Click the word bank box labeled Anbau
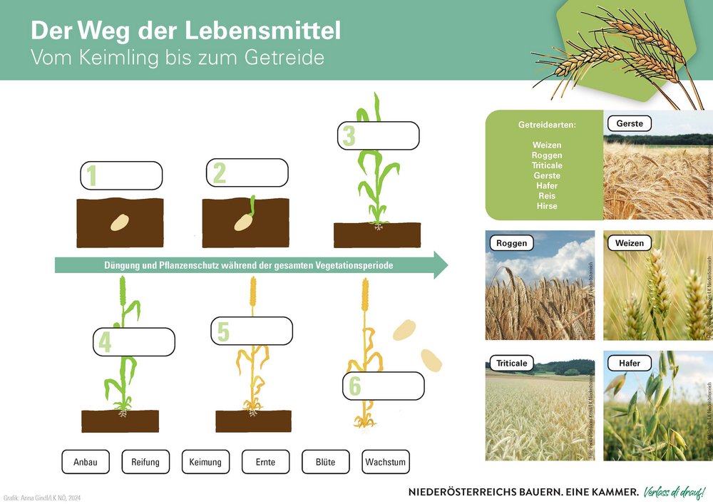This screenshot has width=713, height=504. [85, 462]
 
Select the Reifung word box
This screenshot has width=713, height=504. [145, 462]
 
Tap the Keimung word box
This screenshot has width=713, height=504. [205, 462]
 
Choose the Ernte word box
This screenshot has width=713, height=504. [265, 462]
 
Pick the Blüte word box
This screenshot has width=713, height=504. [325, 462]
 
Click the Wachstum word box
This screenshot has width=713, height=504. [386, 462]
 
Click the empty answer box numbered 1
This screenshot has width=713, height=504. [122, 175]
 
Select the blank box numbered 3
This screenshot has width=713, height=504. [379, 135]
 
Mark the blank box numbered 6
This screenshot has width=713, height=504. [384, 386]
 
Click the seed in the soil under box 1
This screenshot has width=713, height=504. [119, 222]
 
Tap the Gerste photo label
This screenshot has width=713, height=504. [630, 124]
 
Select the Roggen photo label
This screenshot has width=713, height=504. [512, 243]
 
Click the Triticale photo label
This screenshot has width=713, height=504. [512, 363]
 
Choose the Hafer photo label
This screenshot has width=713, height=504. [629, 363]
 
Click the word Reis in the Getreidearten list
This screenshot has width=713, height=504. [547, 195]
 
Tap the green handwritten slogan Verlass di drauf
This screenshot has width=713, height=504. [674, 492]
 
